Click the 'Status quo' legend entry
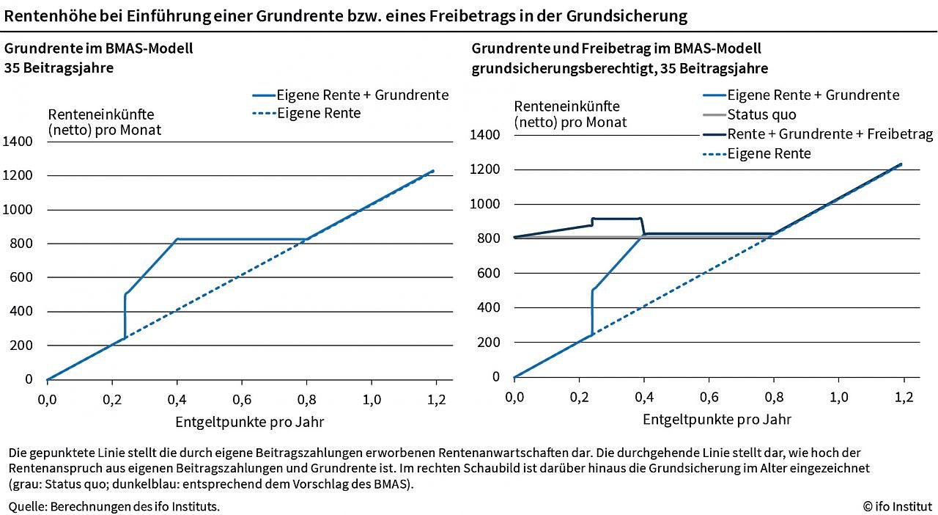coord(761,114)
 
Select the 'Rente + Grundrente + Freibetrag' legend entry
coord(830,134)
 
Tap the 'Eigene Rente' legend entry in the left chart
coord(318,113)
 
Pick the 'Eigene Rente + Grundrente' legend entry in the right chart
coord(813,95)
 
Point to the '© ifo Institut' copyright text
coord(897,505)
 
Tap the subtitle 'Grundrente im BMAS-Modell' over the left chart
coord(99,50)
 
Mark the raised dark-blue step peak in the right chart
coord(616,219)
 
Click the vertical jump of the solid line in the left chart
coord(125,315)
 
